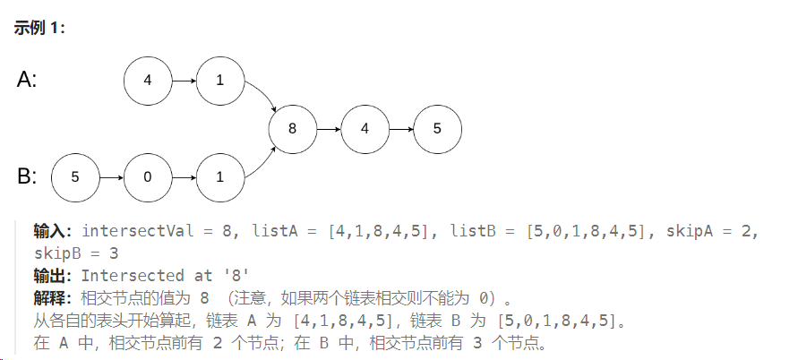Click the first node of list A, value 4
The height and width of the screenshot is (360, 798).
click(x=148, y=80)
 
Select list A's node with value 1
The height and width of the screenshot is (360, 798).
click(x=220, y=80)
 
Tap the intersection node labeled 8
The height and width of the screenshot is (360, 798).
click(x=292, y=128)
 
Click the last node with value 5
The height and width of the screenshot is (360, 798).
click(x=437, y=128)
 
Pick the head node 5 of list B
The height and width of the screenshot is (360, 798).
click(x=75, y=176)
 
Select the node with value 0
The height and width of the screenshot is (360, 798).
click(x=148, y=176)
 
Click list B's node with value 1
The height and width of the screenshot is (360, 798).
click(x=220, y=176)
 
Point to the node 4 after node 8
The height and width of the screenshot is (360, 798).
click(x=365, y=128)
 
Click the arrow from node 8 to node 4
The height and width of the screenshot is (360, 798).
click(x=328, y=128)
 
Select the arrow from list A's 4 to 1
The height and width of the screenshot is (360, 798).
click(x=184, y=80)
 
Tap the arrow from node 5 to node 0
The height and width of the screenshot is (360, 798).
click(x=111, y=176)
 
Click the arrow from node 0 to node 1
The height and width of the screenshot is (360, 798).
click(x=184, y=176)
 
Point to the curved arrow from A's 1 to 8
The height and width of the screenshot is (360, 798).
click(x=262, y=95)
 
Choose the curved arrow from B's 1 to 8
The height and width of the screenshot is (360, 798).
click(x=262, y=161)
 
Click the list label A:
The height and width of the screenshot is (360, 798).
click(x=27, y=80)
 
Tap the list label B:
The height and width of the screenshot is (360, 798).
click(x=27, y=176)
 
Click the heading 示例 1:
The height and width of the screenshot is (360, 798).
click(x=39, y=28)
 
